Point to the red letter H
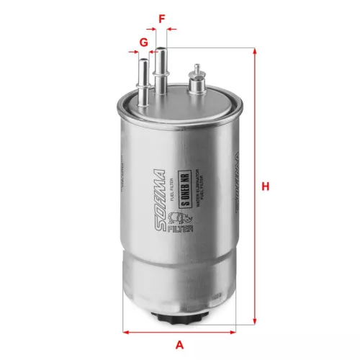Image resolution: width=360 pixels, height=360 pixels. [266, 186]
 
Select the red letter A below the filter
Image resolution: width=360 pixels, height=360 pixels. [180, 343]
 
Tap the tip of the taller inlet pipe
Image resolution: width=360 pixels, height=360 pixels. [162, 49]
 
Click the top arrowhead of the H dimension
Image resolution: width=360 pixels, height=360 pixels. [255, 52]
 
